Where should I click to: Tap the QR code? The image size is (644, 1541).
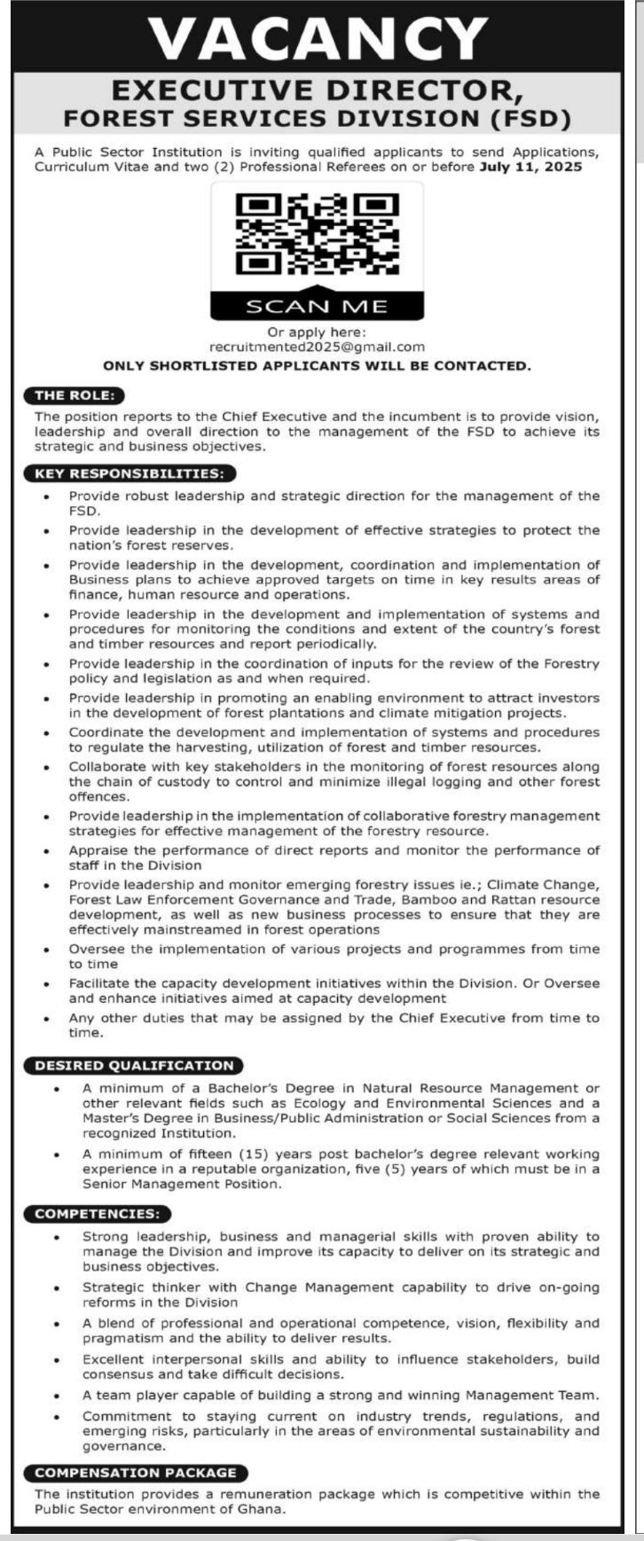pyautogui.click(x=317, y=234)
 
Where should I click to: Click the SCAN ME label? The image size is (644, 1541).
pyautogui.click(x=317, y=306)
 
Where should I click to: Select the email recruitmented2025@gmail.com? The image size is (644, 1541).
pyautogui.click(x=317, y=347)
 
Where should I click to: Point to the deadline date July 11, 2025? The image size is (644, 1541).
pyautogui.click(x=530, y=167)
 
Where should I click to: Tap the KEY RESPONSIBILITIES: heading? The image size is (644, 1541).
pyautogui.click(x=129, y=473)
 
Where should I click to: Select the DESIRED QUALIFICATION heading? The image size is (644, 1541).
pyautogui.click(x=134, y=1065)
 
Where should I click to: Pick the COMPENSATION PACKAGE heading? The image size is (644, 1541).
pyautogui.click(x=136, y=1472)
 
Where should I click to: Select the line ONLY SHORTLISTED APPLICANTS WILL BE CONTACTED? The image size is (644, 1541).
pyautogui.click(x=317, y=365)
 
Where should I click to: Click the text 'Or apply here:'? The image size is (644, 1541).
pyautogui.click(x=317, y=332)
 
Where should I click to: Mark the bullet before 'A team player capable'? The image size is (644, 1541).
pyautogui.click(x=57, y=1396)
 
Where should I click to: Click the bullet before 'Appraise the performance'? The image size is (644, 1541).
pyautogui.click(x=47, y=850)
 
